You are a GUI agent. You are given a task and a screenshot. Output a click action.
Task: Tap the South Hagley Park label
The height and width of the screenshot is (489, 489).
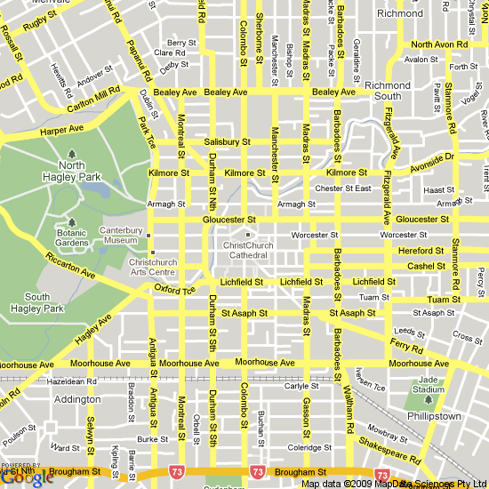pyautogui.click(x=37, y=303)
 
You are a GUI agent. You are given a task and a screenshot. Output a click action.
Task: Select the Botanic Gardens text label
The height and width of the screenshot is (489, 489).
pyautogui.click(x=72, y=236)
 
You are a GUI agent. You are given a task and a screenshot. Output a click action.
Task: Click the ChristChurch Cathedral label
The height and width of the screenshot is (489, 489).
pyautogui.click(x=250, y=250)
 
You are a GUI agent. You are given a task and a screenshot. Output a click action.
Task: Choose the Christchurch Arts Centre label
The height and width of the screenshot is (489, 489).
pyautogui.click(x=153, y=268)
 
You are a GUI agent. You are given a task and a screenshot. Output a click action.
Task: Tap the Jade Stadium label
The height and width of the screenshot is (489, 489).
pyautogui.click(x=430, y=385)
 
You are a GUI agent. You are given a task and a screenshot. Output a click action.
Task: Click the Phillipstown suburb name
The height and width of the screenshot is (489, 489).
pyautogui.click(x=433, y=415)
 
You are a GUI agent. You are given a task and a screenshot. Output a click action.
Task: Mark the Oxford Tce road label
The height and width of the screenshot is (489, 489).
pyautogui.click(x=174, y=290)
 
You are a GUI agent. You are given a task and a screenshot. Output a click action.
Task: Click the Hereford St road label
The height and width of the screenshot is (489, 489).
pyautogui.click(x=421, y=251)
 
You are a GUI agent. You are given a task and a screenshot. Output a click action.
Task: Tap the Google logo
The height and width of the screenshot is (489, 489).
pyautogui.click(x=21, y=477)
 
